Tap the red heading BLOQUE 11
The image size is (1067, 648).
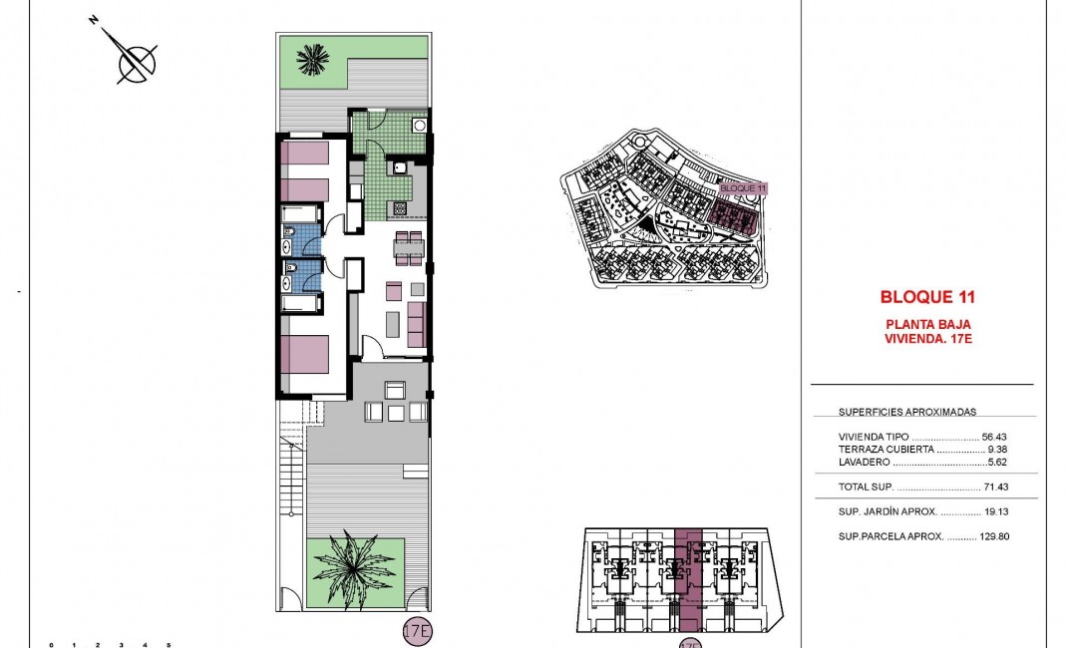(927, 297)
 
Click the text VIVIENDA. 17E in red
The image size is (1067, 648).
(927, 339)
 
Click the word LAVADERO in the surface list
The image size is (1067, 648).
(864, 463)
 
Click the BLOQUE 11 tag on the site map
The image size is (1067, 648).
(743, 187)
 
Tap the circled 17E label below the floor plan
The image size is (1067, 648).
(417, 631)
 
